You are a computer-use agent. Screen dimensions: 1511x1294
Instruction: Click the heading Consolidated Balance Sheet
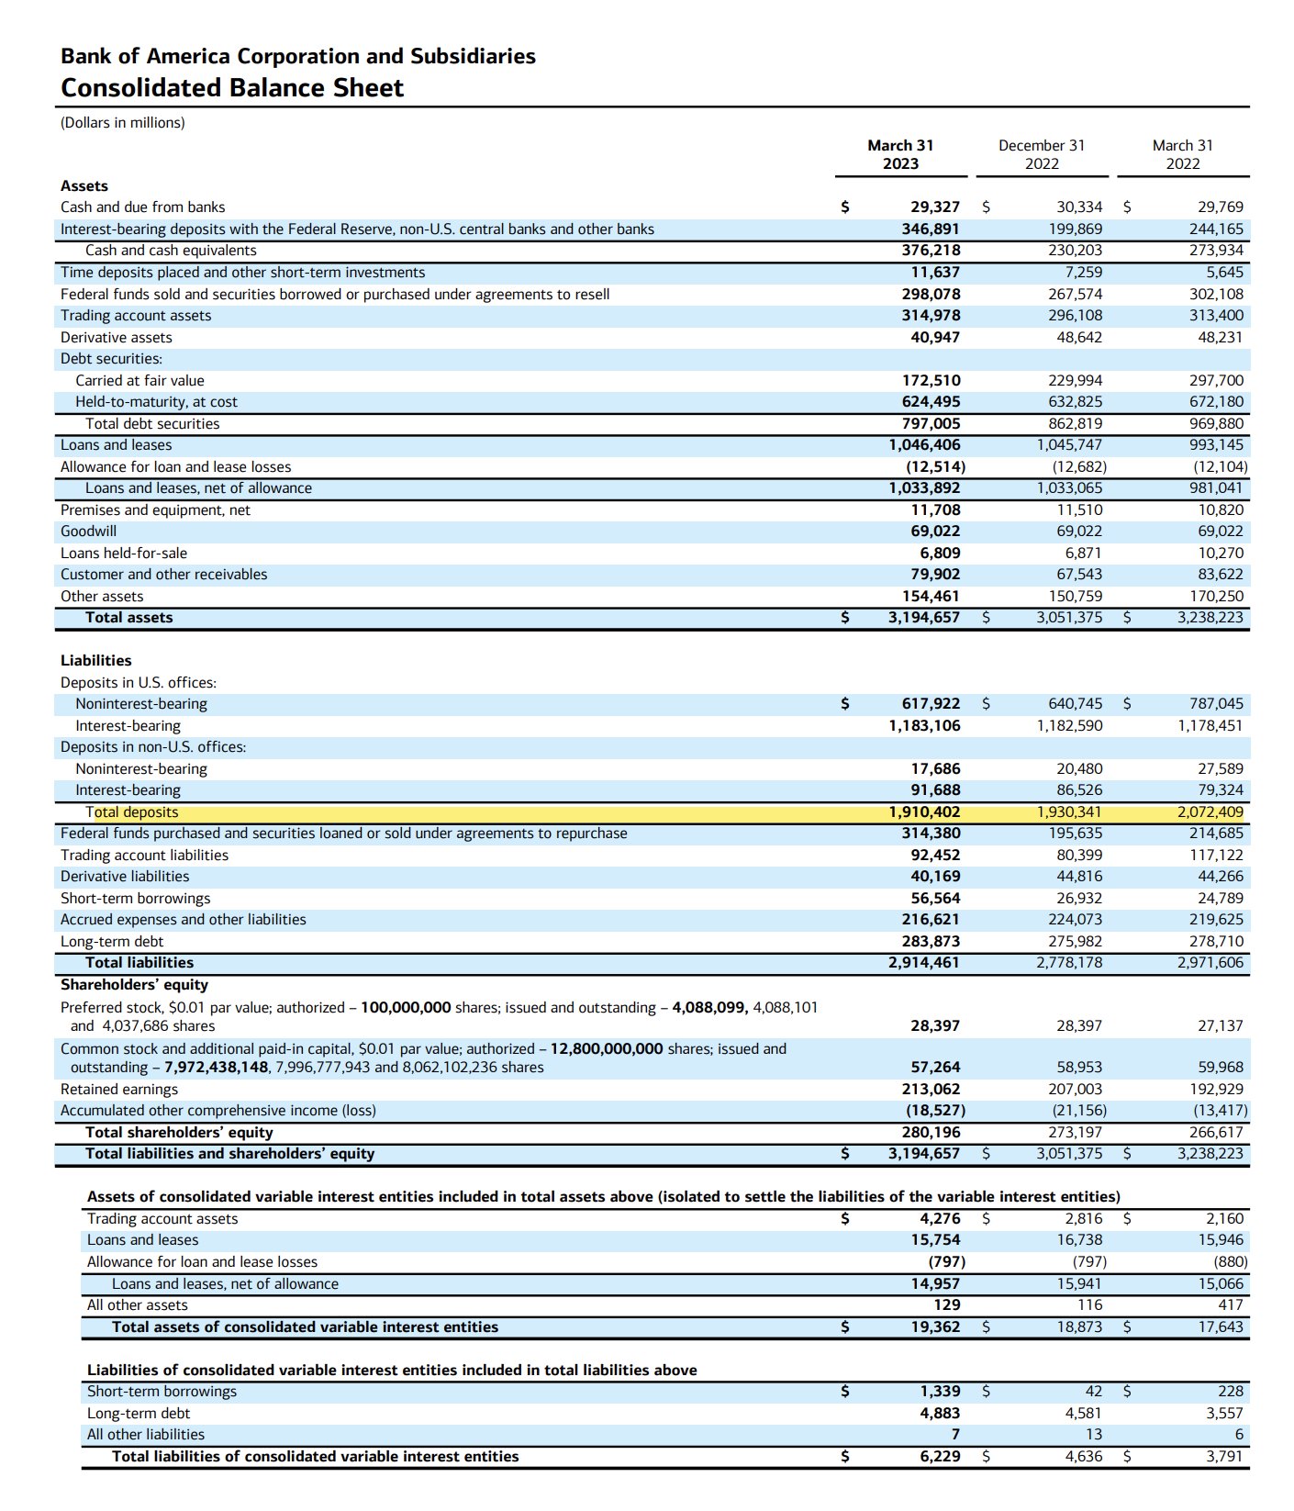pos(232,88)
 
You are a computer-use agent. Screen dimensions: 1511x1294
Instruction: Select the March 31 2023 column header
pos(900,154)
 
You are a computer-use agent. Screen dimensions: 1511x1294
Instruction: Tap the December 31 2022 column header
pos(1041,154)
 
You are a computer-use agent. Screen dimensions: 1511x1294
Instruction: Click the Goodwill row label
pos(88,532)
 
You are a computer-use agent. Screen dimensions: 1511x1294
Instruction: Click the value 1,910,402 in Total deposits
pos(924,812)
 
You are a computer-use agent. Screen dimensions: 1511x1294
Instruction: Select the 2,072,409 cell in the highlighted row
pos(1210,812)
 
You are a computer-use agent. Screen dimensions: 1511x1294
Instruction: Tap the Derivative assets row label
pos(117,338)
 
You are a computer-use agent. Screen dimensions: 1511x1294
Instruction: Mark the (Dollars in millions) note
pos(123,123)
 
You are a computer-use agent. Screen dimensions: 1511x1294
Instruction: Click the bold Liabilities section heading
pos(96,661)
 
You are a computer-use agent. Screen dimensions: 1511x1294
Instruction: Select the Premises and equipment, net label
pos(155,510)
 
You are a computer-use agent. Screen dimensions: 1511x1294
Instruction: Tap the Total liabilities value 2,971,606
pos(1210,963)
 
